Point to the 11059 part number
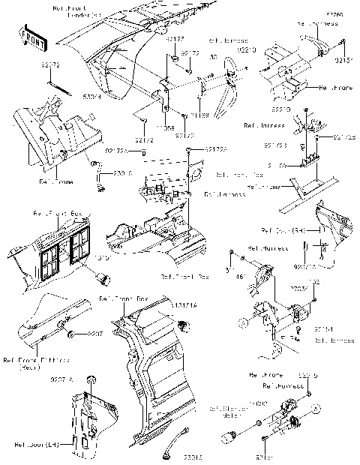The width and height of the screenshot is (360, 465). pyautogui.click(x=199, y=115)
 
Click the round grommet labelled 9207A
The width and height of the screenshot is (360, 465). pyautogui.click(x=90, y=378)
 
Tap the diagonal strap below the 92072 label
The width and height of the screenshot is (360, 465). pyautogui.click(x=57, y=87)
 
